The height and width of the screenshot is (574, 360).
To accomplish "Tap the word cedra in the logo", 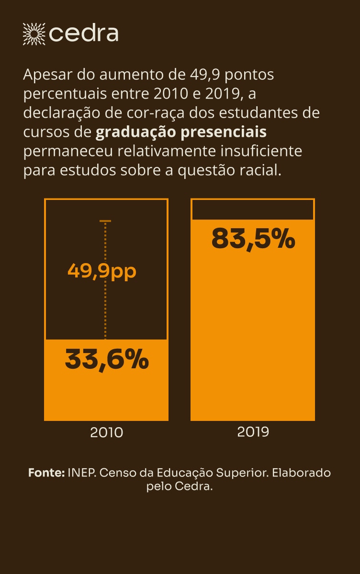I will [84, 34].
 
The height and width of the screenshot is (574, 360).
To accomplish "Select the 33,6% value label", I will [106, 360].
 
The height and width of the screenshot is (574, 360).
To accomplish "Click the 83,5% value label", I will [253, 238].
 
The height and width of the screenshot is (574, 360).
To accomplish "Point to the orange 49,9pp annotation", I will [102, 271].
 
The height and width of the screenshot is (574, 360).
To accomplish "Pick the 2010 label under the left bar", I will [106, 432].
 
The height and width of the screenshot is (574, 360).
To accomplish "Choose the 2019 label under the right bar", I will [253, 432].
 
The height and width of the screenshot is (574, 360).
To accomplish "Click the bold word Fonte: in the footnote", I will [46, 473].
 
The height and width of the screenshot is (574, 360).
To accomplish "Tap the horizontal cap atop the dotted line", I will [105, 221].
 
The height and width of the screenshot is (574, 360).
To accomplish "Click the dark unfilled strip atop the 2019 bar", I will [253, 210].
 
